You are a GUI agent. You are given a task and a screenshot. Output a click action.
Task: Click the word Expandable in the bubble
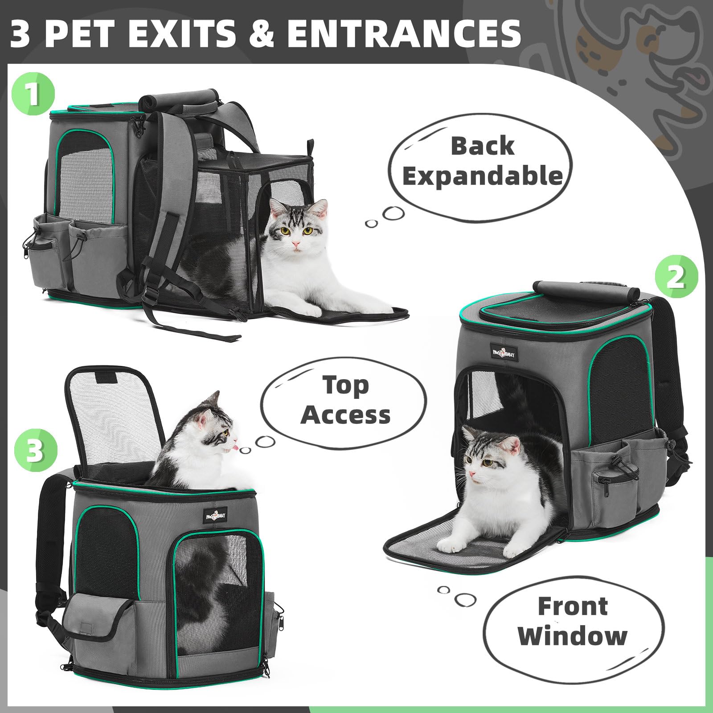483,176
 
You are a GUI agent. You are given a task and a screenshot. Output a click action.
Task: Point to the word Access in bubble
345,414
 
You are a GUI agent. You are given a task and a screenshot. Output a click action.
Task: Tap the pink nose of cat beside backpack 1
295,245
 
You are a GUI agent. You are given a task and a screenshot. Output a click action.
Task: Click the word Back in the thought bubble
483,146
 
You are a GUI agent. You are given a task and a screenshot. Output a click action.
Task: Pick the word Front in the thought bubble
573,606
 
